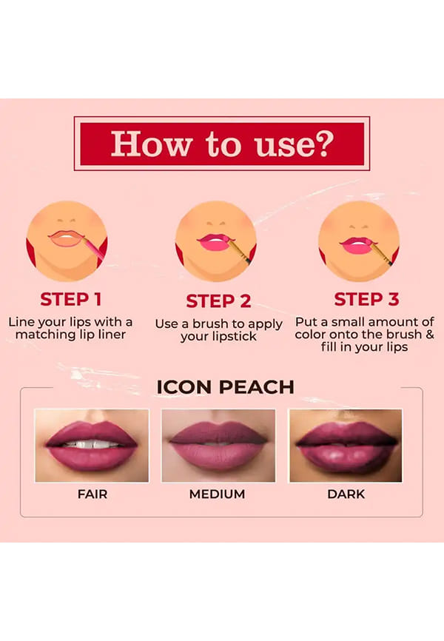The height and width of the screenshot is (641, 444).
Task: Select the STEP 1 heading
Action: click(71, 299)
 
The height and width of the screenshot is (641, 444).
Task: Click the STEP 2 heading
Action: click(218, 301)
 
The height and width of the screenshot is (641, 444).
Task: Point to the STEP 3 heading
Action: click(366, 299)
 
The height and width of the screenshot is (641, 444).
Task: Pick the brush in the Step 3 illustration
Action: click(380, 252)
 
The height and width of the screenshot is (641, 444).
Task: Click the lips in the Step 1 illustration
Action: click(65, 238)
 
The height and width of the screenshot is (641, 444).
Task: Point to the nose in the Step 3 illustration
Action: click(360, 226)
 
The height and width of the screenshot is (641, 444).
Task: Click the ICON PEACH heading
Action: click(225, 387)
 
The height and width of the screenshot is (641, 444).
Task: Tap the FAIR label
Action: click(92, 494)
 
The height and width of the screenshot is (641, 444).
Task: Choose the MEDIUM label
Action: click(217, 494)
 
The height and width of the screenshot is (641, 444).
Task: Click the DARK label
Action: click(346, 494)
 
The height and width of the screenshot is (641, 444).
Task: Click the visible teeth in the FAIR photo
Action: click(91, 444)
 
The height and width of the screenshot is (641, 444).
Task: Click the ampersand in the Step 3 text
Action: click(430, 335)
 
